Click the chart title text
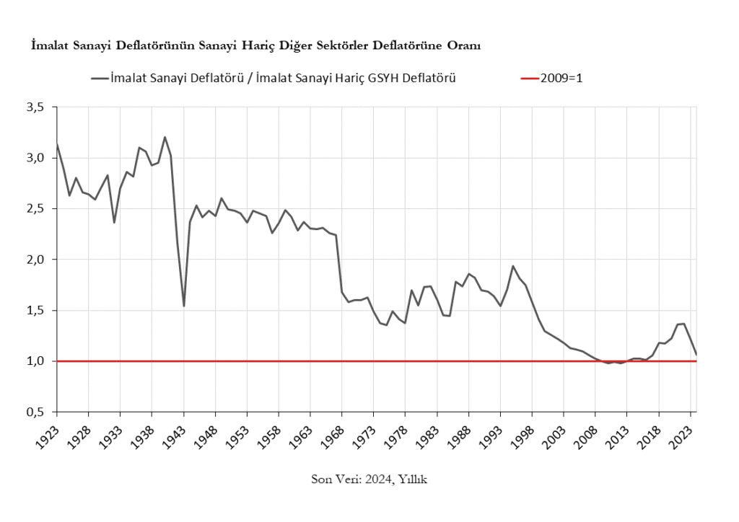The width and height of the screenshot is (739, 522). pos(255,46)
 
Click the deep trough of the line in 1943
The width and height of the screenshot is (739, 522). pos(184,306)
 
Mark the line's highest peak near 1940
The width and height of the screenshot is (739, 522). pos(165,137)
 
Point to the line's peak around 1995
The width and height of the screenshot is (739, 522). pos(513,266)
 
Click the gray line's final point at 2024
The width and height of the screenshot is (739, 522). pos(696,354)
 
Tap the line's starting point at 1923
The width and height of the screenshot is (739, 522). pos(57,143)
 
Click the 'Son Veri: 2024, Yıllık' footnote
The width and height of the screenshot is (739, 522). pos(369,479)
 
